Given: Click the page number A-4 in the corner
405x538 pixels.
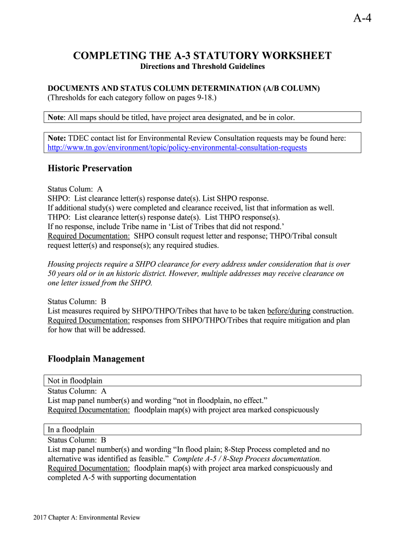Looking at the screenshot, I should tap(362, 19).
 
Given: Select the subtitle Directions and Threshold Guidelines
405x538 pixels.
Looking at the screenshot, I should tap(202, 67).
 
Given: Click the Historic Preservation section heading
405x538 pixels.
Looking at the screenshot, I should tap(90, 169).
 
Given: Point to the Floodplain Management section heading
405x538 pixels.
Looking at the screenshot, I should tap(96, 359).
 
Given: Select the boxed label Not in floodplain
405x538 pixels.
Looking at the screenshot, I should tap(75, 380).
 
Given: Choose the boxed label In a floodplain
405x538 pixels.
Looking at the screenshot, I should tap(71, 429).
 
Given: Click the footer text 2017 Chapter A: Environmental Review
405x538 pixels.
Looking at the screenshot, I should tap(87, 518).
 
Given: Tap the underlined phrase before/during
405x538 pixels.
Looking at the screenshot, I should tap(289, 311).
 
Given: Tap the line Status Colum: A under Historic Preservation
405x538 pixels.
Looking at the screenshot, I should tap(75, 188).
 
